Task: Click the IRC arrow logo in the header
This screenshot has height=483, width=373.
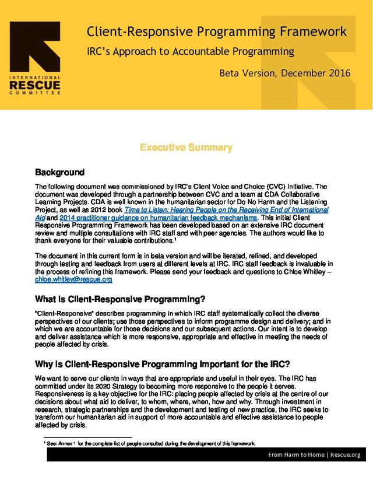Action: [36, 46]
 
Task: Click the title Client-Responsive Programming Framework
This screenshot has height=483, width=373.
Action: [216, 32]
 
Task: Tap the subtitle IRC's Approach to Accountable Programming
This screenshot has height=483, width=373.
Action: [190, 51]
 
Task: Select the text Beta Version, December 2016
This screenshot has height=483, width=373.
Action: [285, 73]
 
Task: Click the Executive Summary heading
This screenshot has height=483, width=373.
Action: [186, 148]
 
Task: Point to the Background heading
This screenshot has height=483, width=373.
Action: [60, 173]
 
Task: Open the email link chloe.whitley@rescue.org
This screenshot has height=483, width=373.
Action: [73, 279]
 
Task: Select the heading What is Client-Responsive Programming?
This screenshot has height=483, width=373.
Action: [120, 300]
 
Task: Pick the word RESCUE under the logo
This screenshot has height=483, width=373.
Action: [36, 86]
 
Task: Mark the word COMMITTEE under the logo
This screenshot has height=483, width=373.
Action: [36, 93]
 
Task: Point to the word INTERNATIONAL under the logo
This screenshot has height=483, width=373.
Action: [36, 78]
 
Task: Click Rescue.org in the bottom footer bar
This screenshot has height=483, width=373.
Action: [347, 454]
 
